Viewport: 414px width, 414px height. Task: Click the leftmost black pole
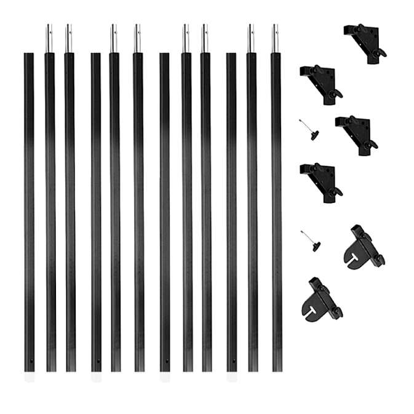[x=30, y=215]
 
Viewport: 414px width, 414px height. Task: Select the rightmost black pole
[x=276, y=215]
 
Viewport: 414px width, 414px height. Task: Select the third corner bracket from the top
[x=359, y=133]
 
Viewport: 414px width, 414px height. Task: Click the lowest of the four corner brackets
[x=322, y=180]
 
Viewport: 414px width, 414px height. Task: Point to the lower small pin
[x=311, y=241]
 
